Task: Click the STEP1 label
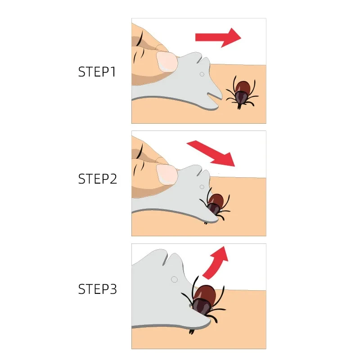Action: (x=97, y=72)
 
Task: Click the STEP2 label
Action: (x=97, y=179)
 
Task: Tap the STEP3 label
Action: (x=97, y=289)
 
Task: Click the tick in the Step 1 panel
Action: (x=242, y=92)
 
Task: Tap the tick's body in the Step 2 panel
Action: (x=216, y=202)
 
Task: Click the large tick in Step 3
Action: (x=206, y=297)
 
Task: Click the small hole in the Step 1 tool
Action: (x=202, y=74)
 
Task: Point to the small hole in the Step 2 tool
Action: (x=202, y=186)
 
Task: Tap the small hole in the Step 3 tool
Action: (x=174, y=279)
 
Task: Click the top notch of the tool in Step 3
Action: (x=168, y=259)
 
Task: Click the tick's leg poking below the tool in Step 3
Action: (x=193, y=331)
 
